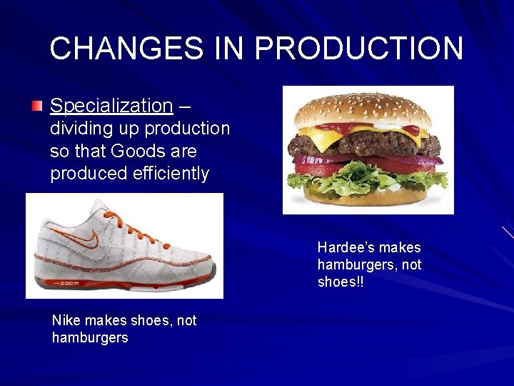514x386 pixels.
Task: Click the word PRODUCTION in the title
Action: coord(358,49)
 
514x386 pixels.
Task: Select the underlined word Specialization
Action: coord(111,106)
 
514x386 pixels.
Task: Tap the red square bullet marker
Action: coord(37,107)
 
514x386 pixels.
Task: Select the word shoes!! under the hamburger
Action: coord(341,282)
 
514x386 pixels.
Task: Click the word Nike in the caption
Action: coord(65,320)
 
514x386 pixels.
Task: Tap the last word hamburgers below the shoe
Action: coord(90,337)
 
